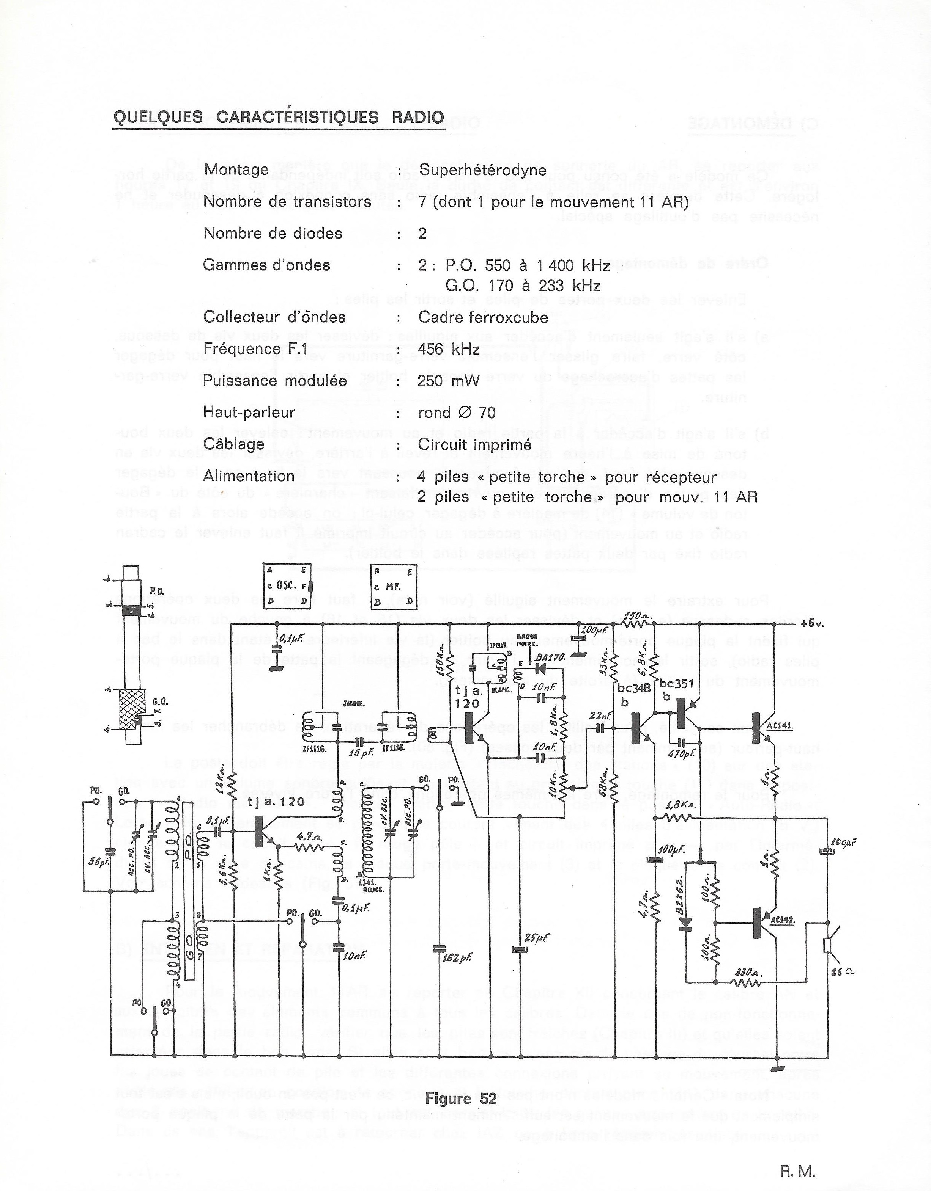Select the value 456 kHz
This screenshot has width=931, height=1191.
(449, 349)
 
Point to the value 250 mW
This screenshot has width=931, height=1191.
(449, 381)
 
